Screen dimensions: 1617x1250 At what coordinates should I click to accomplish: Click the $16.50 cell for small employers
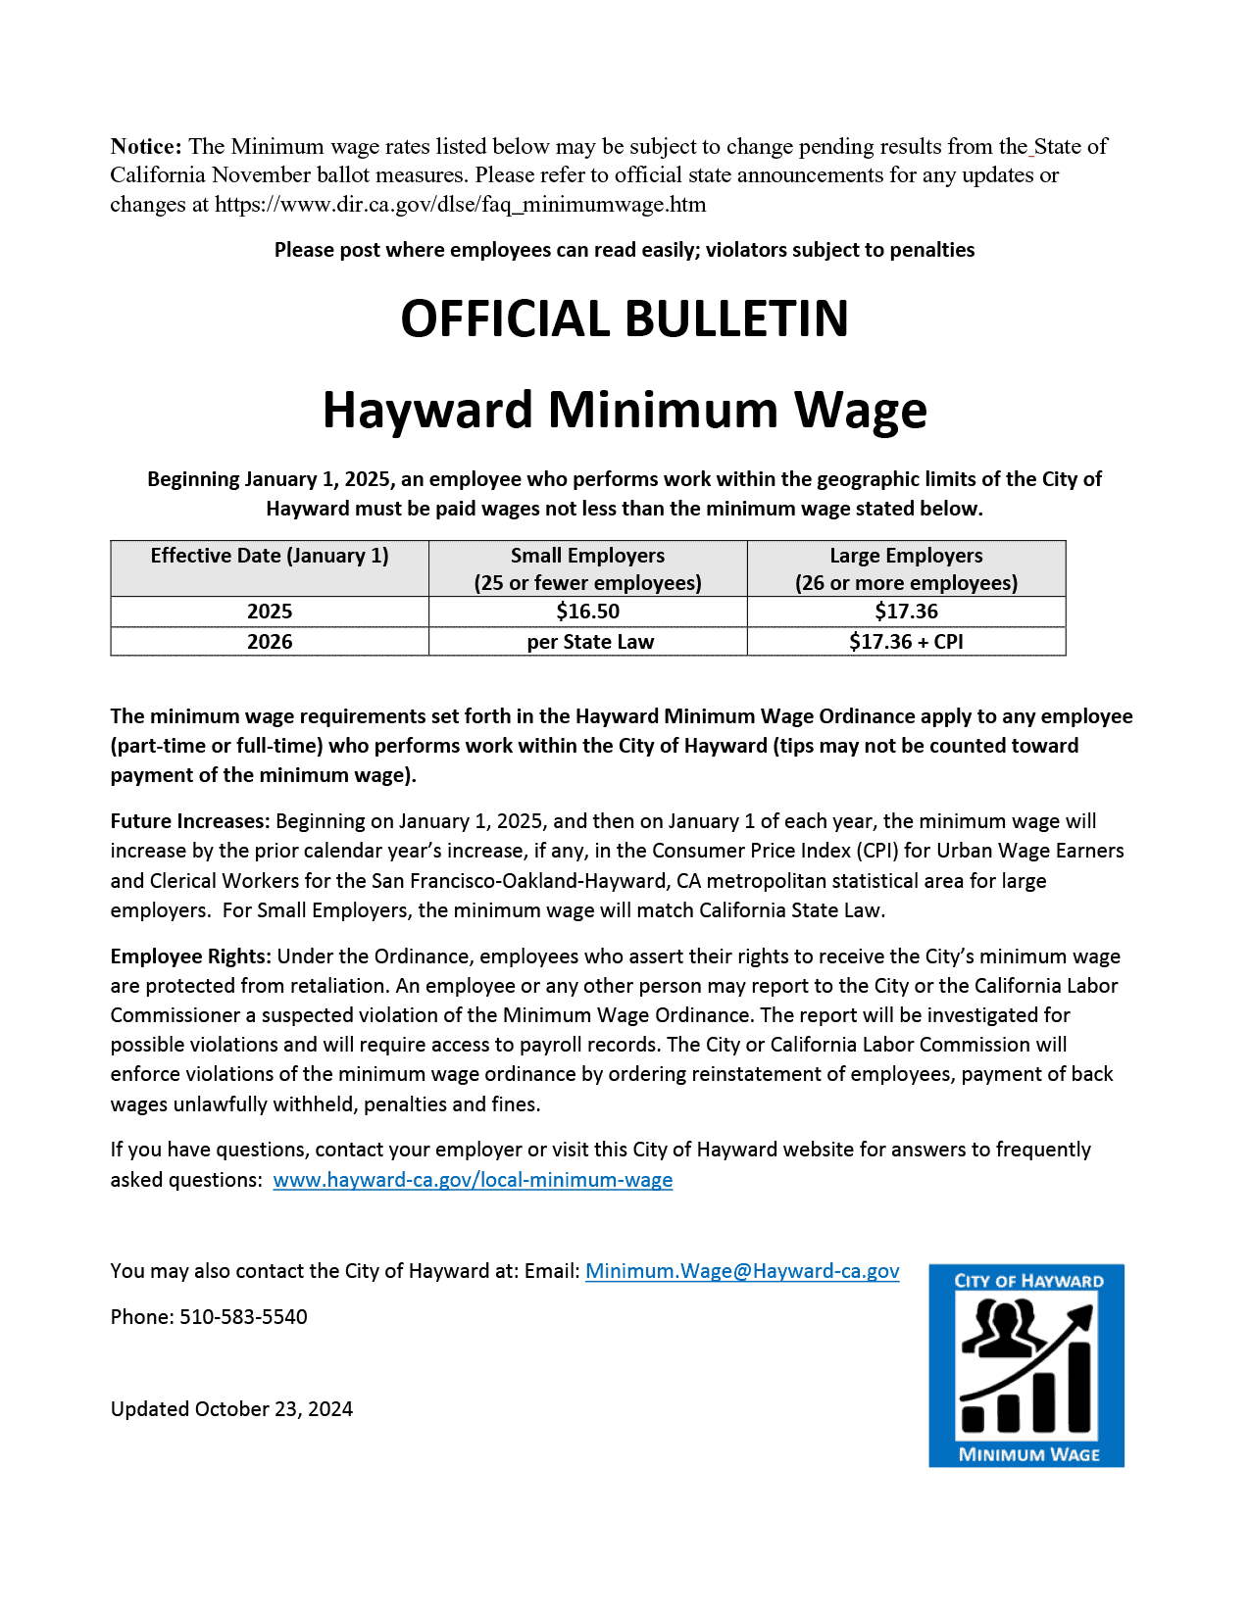point(587,612)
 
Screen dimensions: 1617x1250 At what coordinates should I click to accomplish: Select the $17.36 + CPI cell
point(906,642)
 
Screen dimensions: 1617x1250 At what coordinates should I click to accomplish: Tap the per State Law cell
point(589,642)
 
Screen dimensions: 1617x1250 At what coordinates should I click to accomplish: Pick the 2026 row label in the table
point(270,642)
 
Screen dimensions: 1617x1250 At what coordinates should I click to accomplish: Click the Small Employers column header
point(587,568)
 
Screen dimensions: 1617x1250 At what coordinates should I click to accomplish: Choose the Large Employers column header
point(906,568)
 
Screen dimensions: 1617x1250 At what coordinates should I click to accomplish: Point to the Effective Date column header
point(270,556)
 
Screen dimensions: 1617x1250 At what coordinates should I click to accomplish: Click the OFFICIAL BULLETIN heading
point(625,319)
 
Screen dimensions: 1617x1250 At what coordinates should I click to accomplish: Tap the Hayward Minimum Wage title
point(625,410)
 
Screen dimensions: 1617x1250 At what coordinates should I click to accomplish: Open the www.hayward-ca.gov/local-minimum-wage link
point(473,1180)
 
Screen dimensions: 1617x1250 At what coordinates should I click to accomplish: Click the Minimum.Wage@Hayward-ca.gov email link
point(742,1271)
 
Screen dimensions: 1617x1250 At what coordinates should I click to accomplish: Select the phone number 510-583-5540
point(243,1317)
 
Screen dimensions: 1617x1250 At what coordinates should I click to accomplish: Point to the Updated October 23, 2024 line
point(231,1409)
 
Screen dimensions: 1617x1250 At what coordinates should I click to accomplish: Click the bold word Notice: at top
point(146,147)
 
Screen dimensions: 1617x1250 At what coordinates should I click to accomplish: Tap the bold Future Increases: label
point(190,821)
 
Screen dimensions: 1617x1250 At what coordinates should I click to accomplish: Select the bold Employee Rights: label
point(190,956)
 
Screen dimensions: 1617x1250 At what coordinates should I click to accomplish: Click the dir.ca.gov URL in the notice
point(461,205)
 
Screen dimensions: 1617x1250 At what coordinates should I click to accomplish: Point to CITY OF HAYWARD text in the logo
point(1028,1281)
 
